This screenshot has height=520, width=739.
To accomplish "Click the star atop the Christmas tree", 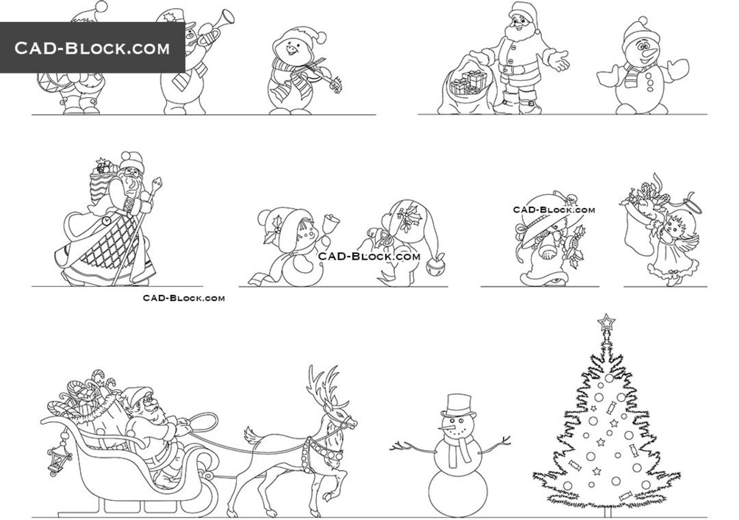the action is [606, 322].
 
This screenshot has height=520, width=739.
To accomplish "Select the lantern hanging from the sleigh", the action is [58, 458].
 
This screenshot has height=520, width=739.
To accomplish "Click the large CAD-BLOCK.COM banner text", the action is [92, 48].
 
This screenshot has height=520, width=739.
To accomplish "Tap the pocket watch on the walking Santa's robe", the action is [106, 221].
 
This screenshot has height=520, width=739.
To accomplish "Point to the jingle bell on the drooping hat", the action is [435, 266].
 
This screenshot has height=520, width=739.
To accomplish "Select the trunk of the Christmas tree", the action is [607, 511].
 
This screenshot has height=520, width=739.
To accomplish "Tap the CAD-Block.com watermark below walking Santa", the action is [184, 298].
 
